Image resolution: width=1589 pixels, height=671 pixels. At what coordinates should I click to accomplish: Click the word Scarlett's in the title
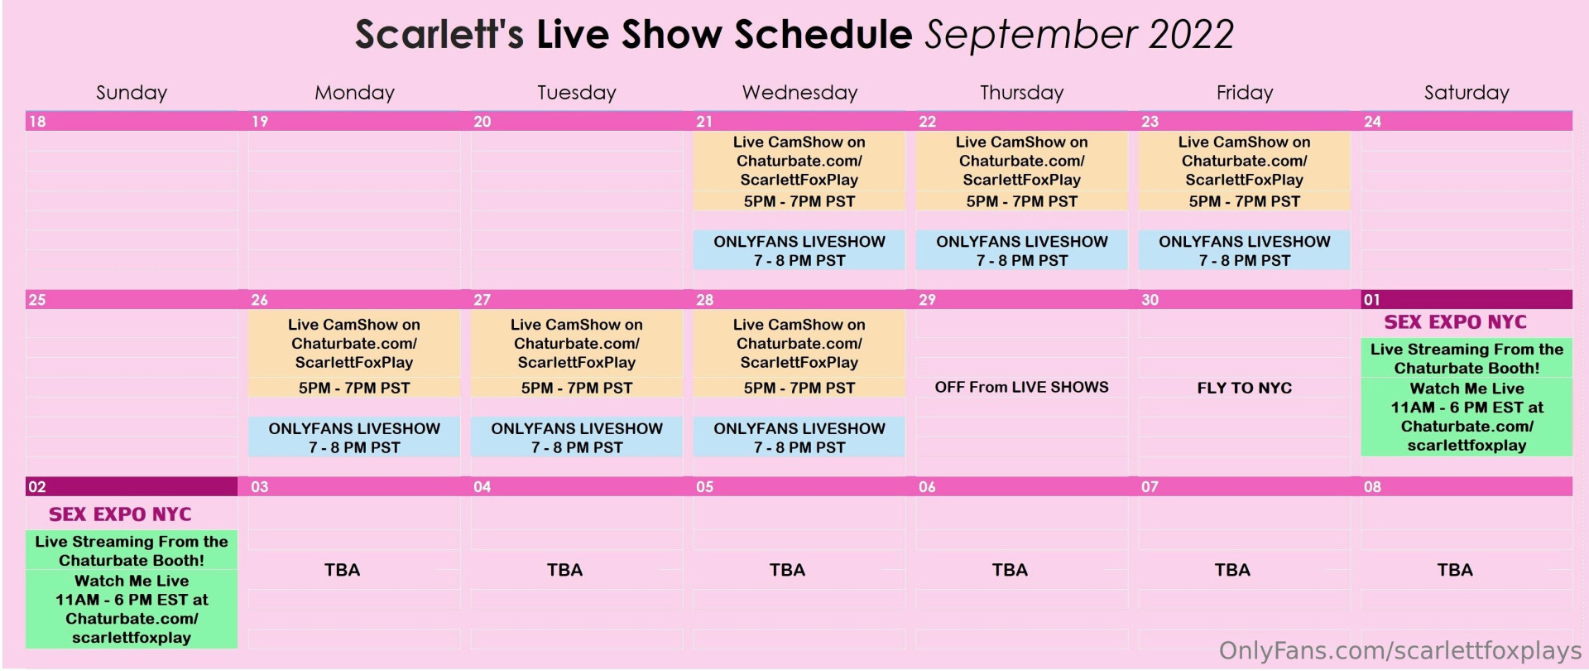[x=439, y=35]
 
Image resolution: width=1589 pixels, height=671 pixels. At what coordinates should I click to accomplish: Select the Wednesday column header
[x=799, y=93]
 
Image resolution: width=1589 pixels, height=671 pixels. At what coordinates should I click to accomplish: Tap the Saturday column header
[x=1467, y=93]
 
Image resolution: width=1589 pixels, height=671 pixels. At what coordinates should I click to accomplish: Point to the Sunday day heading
[x=132, y=93]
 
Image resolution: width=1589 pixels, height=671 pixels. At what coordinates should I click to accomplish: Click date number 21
[x=704, y=122]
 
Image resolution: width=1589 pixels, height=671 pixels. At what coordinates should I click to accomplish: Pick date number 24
[x=1372, y=122]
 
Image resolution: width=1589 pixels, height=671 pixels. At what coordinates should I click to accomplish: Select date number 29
[x=927, y=300]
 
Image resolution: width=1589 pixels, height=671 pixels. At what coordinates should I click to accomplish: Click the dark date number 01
[x=1372, y=300]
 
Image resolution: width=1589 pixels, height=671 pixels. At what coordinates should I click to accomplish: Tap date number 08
[x=1372, y=487]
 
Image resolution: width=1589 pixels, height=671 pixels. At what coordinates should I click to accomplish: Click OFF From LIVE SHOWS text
[x=1021, y=387]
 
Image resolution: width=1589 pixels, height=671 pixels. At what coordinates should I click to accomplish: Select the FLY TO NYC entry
[x=1244, y=388]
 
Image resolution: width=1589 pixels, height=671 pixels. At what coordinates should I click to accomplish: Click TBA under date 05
[x=787, y=570]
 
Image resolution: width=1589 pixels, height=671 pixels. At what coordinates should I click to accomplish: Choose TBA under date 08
[x=1455, y=570]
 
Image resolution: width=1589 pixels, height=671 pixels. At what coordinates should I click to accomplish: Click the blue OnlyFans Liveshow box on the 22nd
[x=1021, y=250]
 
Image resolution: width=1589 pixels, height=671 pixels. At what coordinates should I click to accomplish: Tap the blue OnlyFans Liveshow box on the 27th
[x=577, y=437]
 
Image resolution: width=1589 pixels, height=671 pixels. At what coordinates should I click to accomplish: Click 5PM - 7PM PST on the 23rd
[x=1244, y=201]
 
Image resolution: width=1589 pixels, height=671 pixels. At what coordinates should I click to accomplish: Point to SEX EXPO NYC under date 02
[x=120, y=514]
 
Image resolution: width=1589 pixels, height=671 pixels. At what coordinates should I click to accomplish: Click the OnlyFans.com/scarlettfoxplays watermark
[x=1400, y=651]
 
